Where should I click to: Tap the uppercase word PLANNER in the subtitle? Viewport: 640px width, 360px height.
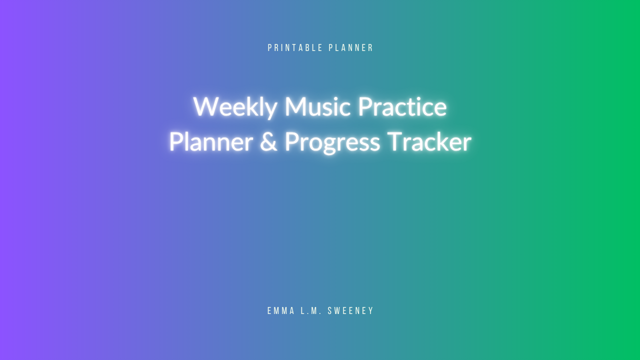click(x=351, y=47)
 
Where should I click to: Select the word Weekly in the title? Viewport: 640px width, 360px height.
click(x=235, y=107)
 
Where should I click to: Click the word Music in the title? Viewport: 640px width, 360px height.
click(x=317, y=106)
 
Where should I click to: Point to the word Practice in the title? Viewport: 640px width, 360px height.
click(x=402, y=106)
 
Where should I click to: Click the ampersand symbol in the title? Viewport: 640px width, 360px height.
click(x=268, y=141)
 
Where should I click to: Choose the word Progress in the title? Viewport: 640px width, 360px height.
click(x=332, y=143)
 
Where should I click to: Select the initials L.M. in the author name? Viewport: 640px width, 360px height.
click(x=311, y=310)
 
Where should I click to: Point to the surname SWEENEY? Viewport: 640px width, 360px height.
click(x=350, y=310)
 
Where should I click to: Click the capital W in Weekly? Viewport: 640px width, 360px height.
click(x=206, y=106)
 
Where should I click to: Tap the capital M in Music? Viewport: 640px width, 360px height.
click(x=295, y=106)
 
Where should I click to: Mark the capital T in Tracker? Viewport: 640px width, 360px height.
click(x=395, y=141)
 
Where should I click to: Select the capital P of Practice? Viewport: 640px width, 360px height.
click(x=365, y=106)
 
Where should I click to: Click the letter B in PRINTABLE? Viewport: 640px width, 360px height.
click(x=307, y=47)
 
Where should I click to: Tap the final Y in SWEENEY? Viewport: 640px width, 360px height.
click(x=371, y=310)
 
